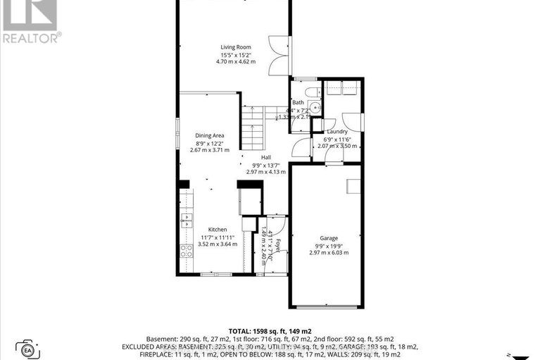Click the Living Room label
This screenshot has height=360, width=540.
point(234,47)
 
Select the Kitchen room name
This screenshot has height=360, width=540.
point(217,230)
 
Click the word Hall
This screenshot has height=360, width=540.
point(266,157)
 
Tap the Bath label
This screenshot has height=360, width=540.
point(299,103)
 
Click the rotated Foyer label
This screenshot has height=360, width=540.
point(278,246)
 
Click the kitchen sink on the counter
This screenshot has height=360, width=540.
point(186,221)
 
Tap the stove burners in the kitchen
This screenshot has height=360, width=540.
point(187,250)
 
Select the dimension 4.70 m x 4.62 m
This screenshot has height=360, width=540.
point(235,62)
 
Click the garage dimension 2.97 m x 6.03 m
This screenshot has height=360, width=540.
point(329,252)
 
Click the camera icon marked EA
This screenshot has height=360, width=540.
point(27,347)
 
